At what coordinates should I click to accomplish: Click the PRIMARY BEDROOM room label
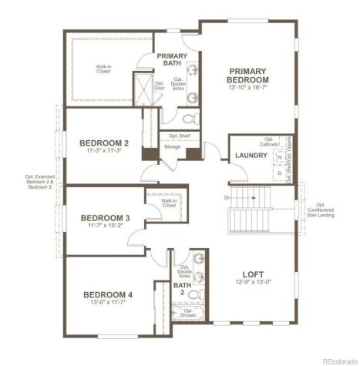[248, 75]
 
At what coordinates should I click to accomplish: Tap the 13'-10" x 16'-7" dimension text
[248, 89]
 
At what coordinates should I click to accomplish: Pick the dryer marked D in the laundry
[278, 173]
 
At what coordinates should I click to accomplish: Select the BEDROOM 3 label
[105, 219]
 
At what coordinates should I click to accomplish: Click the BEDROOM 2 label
[103, 143]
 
